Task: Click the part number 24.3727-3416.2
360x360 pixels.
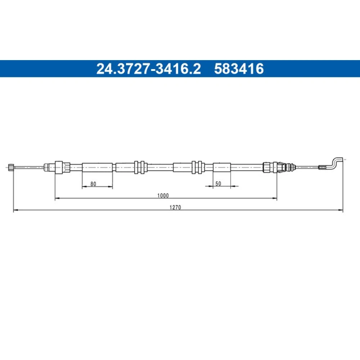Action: pos(148,69)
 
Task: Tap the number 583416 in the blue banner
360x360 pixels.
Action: pos(239,69)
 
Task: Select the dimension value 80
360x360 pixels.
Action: pos(93,184)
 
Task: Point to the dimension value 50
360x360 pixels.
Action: pos(218,184)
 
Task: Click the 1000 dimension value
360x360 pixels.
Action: pos(163,195)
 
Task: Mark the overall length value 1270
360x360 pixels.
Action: pos(175,208)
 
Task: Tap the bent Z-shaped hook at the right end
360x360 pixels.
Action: pos(335,163)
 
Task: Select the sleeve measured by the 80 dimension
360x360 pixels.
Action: pos(97,167)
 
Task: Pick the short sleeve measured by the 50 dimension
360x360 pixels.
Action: pos(222,167)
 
